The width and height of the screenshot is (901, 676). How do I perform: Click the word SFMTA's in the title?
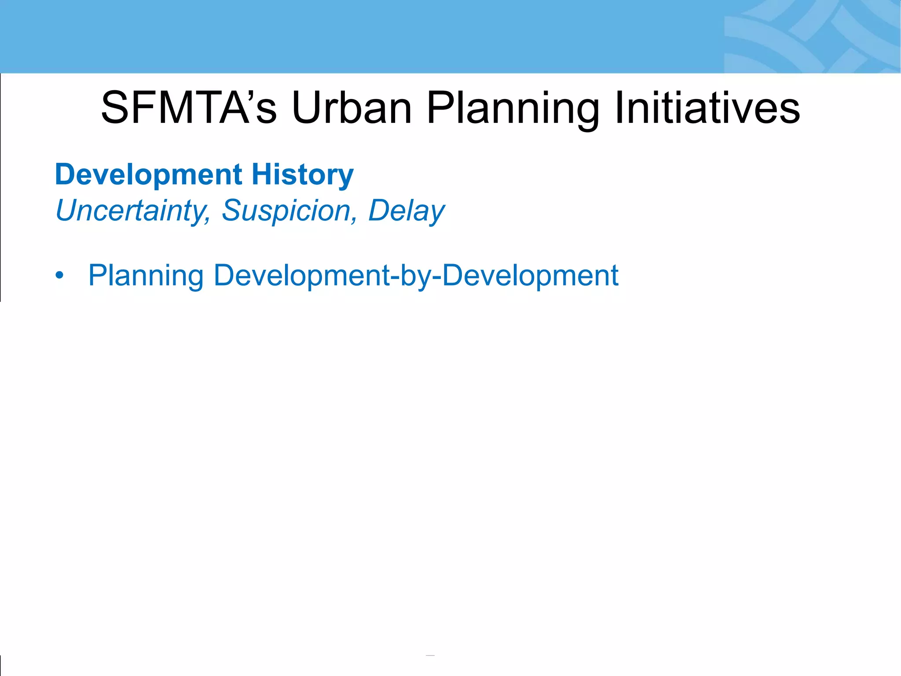pos(189,108)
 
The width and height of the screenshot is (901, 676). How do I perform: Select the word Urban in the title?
pos(352,108)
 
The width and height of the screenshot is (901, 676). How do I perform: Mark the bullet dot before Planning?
pos(59,276)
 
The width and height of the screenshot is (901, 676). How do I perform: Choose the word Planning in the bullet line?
pos(146,276)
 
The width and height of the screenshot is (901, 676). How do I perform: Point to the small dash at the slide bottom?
pos(430,655)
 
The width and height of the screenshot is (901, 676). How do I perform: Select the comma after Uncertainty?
pos(207,220)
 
